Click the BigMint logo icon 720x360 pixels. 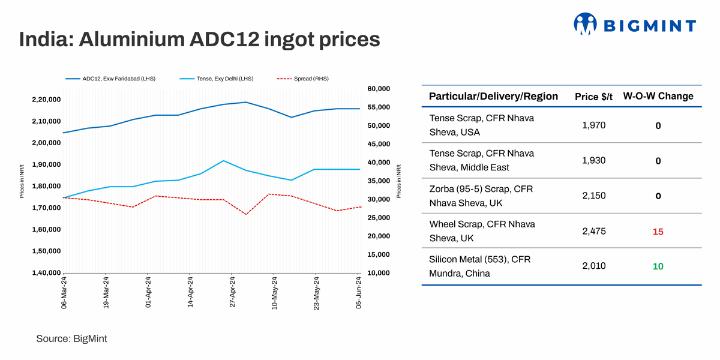click(x=586, y=24)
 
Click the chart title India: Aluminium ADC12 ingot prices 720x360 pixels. click(x=199, y=40)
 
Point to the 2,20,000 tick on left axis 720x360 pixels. click(x=46, y=100)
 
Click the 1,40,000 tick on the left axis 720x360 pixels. click(x=46, y=273)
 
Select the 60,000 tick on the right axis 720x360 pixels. click(x=378, y=89)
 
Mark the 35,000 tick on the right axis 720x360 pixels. click(x=378, y=181)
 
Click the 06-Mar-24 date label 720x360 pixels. click(x=64, y=293)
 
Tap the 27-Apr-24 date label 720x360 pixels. click(x=233, y=293)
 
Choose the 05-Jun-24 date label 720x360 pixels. click(x=359, y=293)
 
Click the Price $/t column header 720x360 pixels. click(x=593, y=97)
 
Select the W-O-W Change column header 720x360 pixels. click(x=658, y=97)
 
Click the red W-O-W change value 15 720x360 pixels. click(x=658, y=232)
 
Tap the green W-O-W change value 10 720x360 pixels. click(x=658, y=266)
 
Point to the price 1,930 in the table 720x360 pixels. click(x=593, y=161)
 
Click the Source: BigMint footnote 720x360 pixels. click(x=71, y=339)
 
